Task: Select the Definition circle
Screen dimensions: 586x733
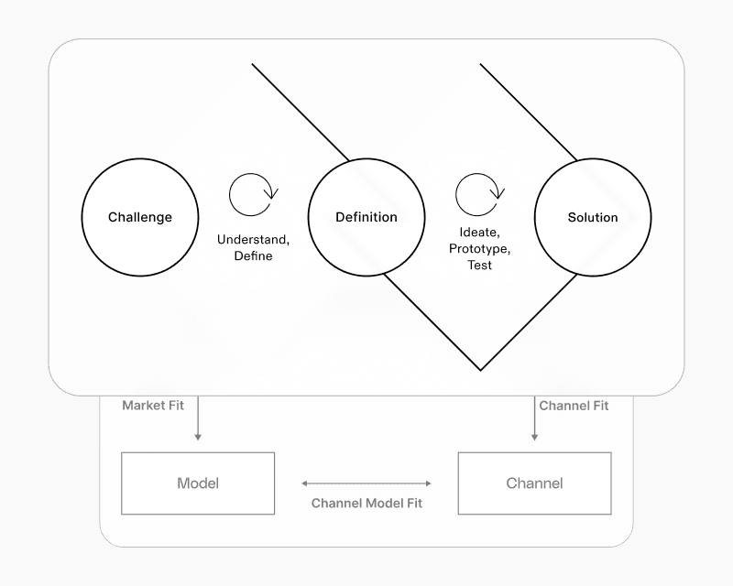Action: point(366,217)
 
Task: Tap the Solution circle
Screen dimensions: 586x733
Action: point(593,217)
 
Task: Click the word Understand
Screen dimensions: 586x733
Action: point(253,240)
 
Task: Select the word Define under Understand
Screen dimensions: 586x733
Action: point(253,256)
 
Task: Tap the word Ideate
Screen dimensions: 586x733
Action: point(478,233)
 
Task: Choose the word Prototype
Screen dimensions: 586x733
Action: point(478,249)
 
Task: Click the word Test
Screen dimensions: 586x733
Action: point(478,266)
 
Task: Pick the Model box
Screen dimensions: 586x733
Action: point(198,483)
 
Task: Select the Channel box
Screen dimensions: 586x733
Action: point(534,483)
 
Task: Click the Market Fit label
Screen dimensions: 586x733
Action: point(153,405)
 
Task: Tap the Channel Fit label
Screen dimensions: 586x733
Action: point(574,405)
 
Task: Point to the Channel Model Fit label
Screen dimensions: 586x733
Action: point(366,503)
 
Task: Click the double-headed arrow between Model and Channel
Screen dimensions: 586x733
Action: point(366,483)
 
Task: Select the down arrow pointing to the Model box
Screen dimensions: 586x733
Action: point(198,421)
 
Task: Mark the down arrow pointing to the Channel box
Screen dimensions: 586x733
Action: point(535,421)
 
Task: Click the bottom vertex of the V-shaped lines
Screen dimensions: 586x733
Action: point(480,370)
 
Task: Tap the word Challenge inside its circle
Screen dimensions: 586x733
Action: point(140,218)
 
